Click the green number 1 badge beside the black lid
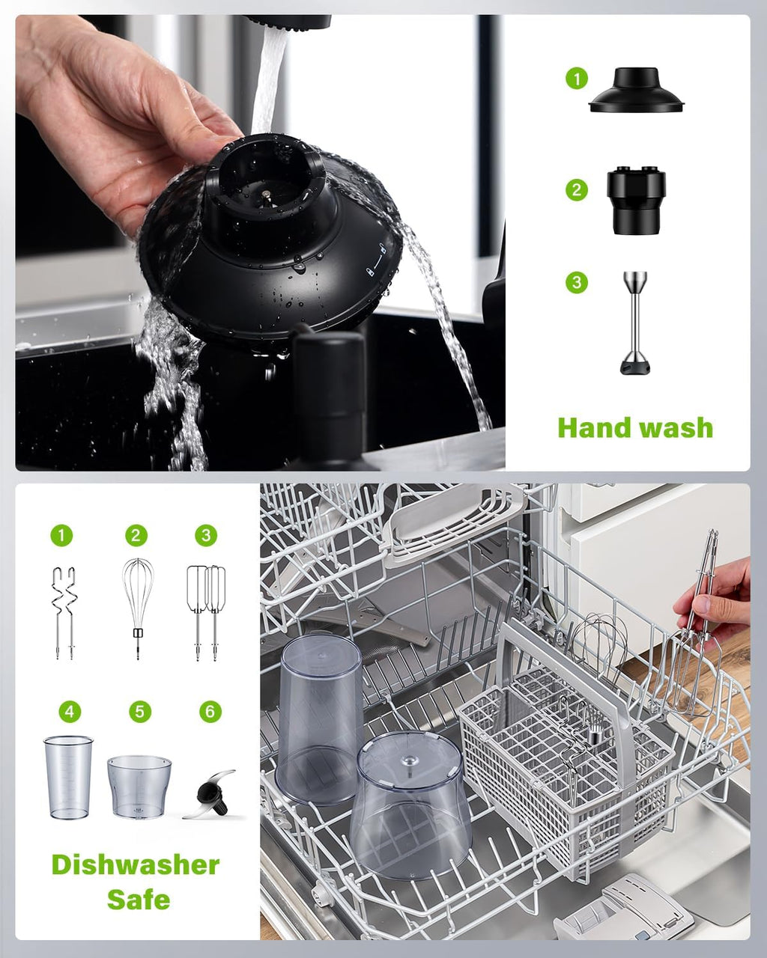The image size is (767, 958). pos(576,78)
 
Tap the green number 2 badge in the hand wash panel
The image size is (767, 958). pos(576,190)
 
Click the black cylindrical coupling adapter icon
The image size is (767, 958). pos(636,200)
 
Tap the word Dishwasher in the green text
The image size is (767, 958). pos(136,864)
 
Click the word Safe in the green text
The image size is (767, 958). pos(139,899)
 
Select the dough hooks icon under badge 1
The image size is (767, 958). pos(65,612)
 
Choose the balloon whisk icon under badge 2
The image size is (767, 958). pos(138,606)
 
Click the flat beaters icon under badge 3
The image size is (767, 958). pos(206,610)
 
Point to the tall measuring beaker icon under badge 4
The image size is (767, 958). pos(68,777)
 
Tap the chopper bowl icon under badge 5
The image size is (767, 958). pos(139,786)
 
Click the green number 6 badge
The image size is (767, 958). pos(210,711)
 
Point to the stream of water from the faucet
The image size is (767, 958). pos(269,82)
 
